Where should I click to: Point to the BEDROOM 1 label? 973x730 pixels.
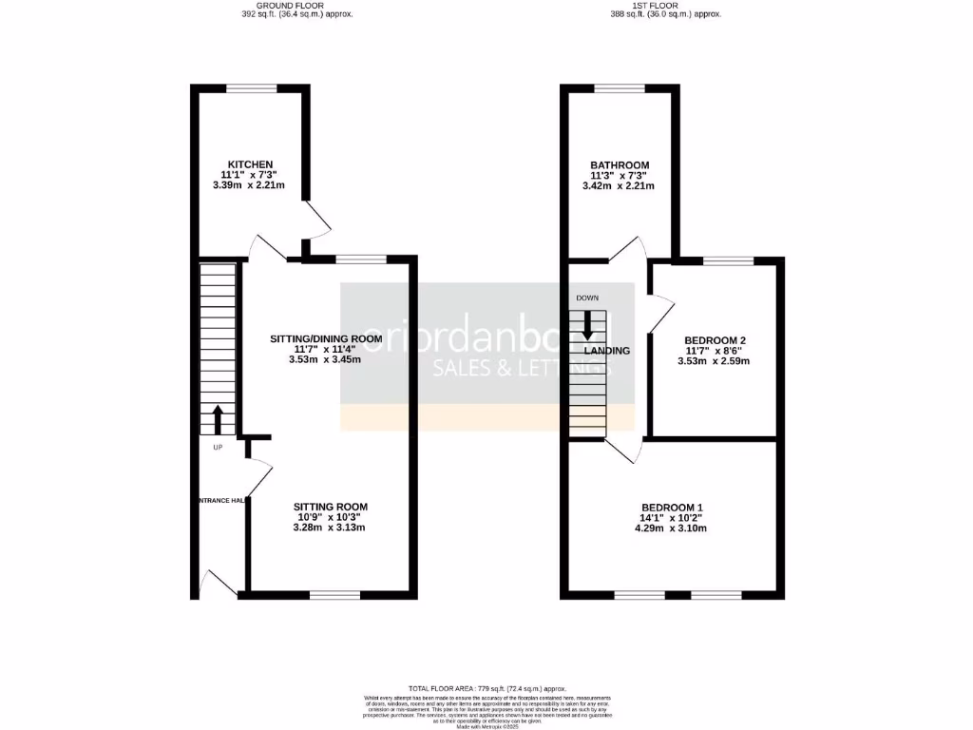(672, 507)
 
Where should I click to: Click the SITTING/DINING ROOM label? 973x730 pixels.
(326, 338)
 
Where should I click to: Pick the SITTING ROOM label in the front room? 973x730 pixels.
(330, 507)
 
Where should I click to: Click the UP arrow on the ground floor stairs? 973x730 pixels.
(218, 418)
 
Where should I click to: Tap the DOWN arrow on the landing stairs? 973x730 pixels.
(587, 325)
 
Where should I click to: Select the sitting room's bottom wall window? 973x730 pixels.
(334, 596)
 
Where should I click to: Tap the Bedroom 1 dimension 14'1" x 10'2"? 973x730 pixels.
(672, 518)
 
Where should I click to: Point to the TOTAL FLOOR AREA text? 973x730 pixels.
(486, 688)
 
